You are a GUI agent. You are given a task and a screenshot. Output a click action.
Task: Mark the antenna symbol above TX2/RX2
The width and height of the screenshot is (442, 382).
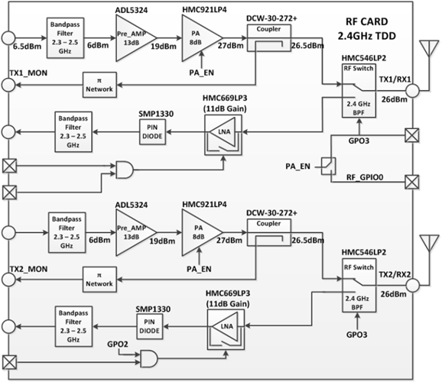428,249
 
